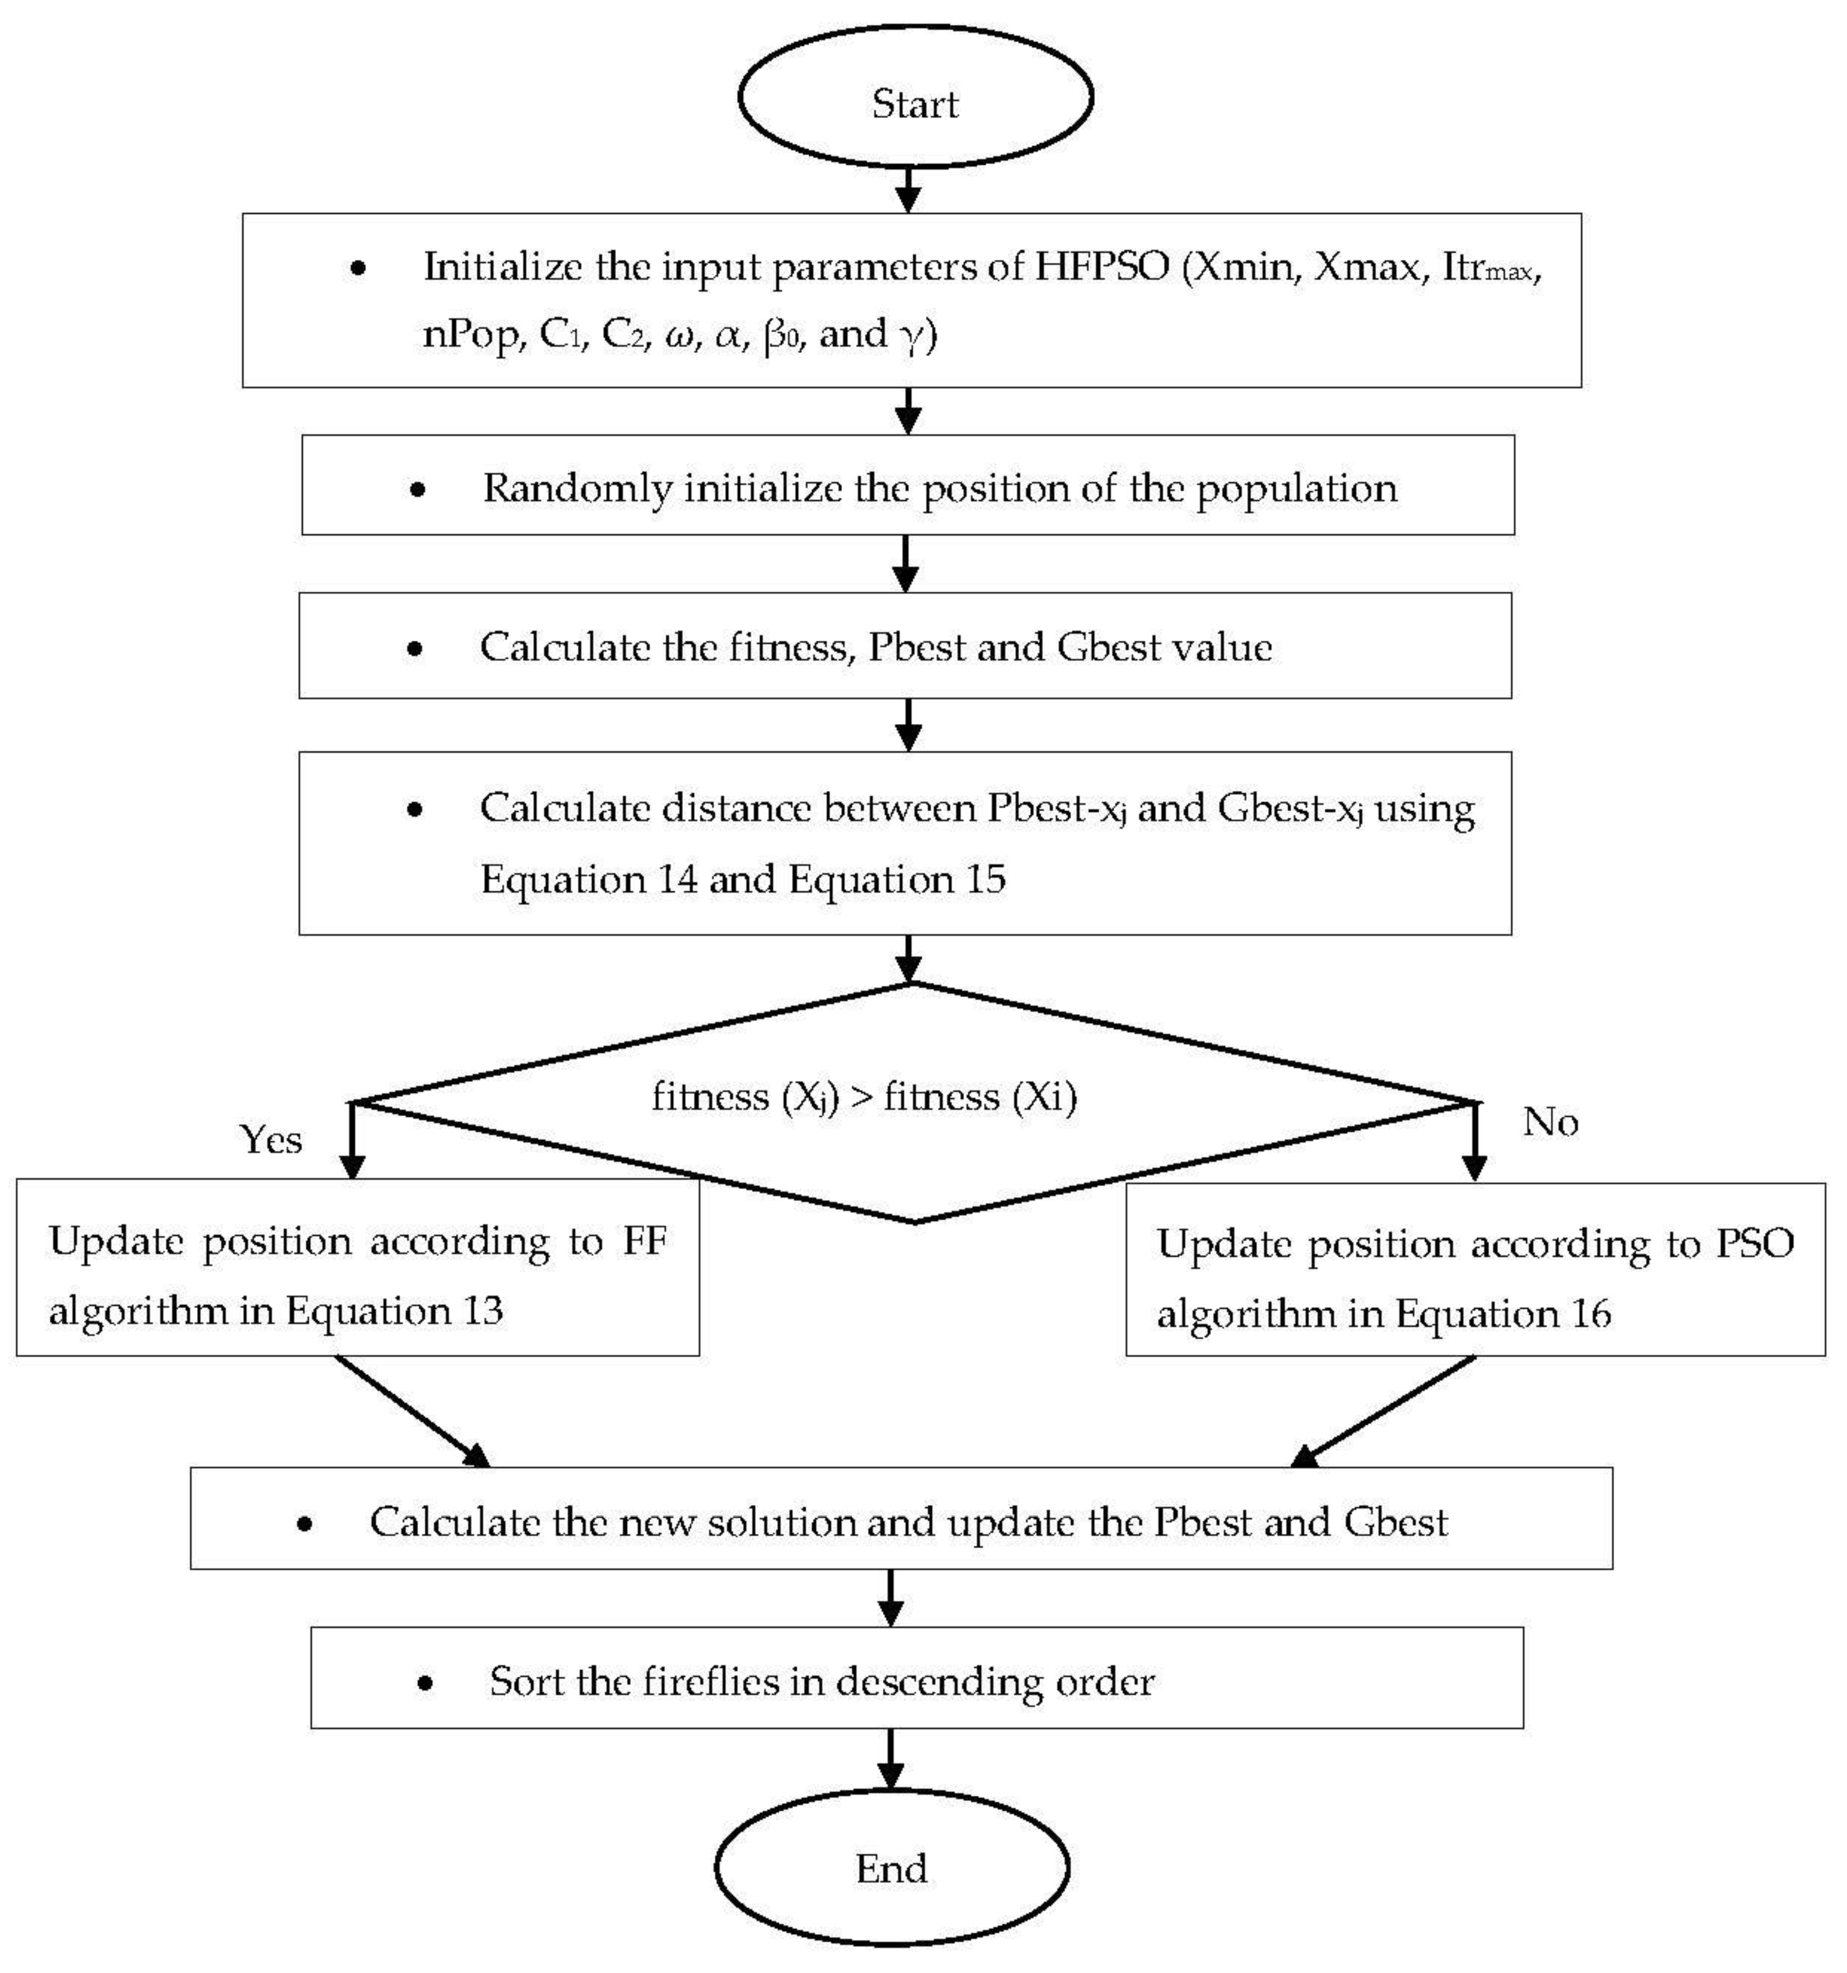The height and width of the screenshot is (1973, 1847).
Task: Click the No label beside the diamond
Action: (1549, 1121)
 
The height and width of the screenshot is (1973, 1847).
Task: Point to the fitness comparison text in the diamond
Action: (864, 1097)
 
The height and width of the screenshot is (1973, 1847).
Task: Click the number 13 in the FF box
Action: (482, 1310)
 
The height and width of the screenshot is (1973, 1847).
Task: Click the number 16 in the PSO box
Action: (1591, 1313)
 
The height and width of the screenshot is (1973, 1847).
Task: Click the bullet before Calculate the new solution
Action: (304, 1522)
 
